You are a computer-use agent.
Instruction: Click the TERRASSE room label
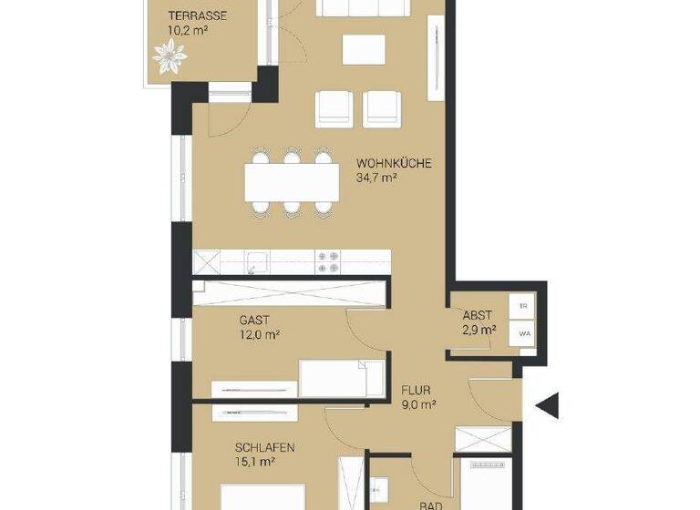[x=198, y=15]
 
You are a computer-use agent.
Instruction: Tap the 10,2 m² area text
[x=189, y=30]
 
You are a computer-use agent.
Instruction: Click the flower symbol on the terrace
[x=169, y=58]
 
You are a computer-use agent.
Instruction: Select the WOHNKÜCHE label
[x=393, y=164]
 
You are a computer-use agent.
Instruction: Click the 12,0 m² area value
[x=259, y=335]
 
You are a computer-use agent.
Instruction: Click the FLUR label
[x=417, y=391]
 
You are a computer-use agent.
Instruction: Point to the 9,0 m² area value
[x=419, y=405]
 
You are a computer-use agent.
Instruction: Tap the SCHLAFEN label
[x=264, y=447]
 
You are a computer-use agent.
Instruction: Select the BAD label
[x=430, y=504]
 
